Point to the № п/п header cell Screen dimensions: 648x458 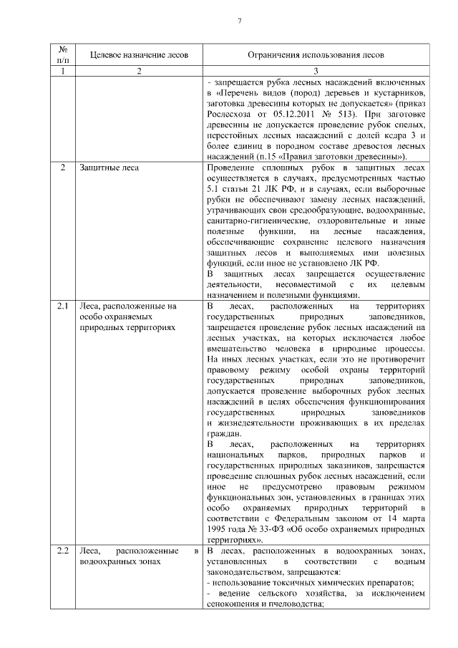[63, 54]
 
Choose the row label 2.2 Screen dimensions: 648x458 [63, 550]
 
